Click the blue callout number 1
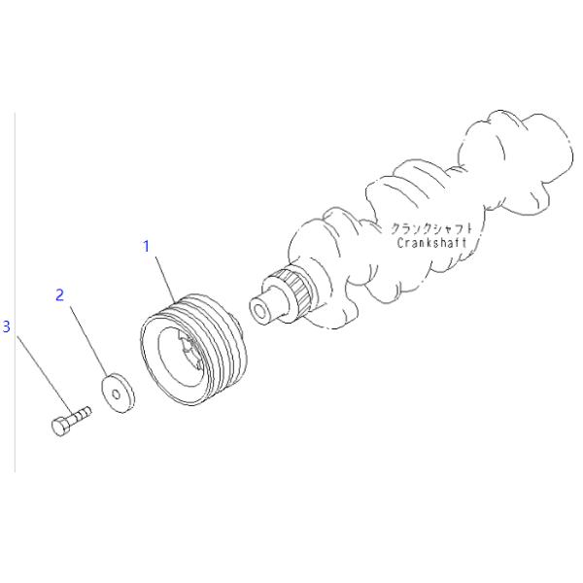tap(147, 246)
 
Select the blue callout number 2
tap(59, 295)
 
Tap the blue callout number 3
tap(7, 326)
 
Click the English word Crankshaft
tap(431, 243)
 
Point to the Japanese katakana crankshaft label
tap(431, 228)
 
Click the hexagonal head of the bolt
tap(60, 427)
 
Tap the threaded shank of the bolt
tap(81, 414)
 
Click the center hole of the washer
tap(117, 394)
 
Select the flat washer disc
tap(119, 393)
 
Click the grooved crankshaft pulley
tap(193, 349)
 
